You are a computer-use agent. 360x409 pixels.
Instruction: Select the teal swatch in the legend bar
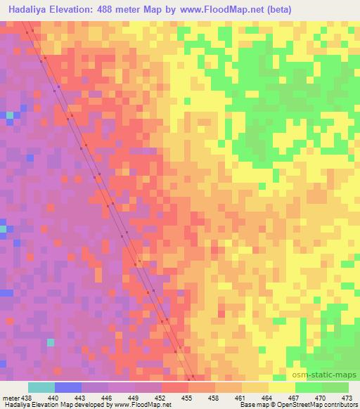tap(41, 387)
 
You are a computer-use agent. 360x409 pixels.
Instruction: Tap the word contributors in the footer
tap(337, 405)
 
